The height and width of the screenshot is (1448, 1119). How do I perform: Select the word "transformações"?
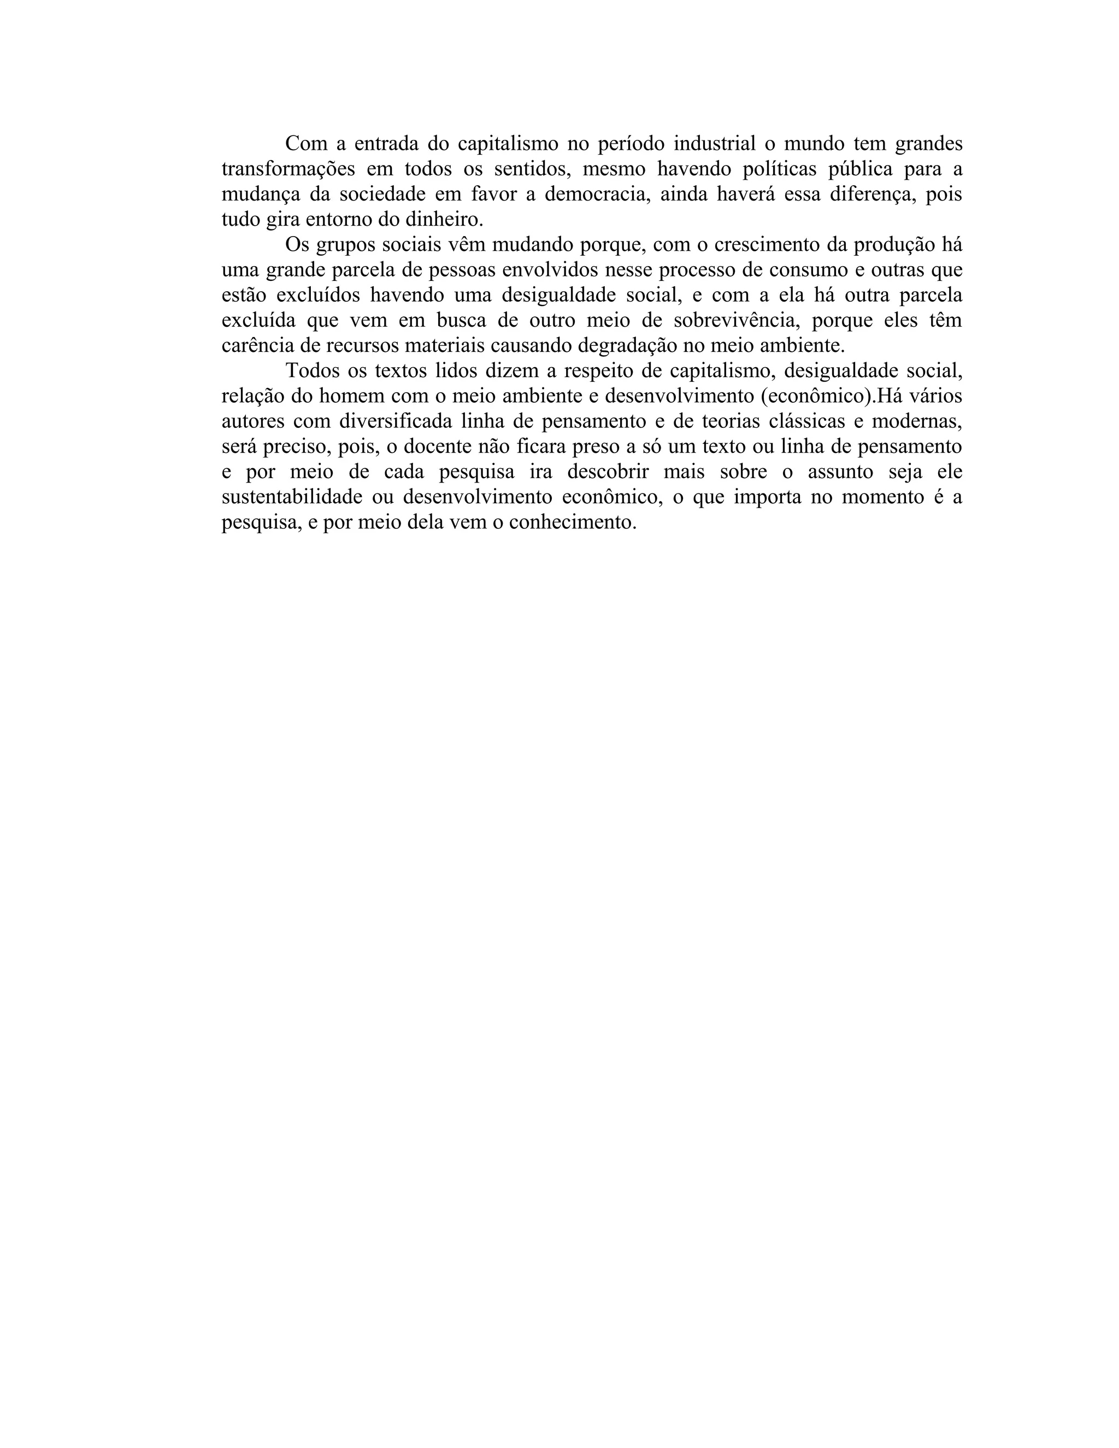point(288,168)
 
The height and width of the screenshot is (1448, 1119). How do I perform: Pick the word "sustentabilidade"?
point(292,497)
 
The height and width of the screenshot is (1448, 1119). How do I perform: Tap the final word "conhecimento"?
point(572,522)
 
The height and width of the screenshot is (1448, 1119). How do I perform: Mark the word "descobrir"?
point(609,472)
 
